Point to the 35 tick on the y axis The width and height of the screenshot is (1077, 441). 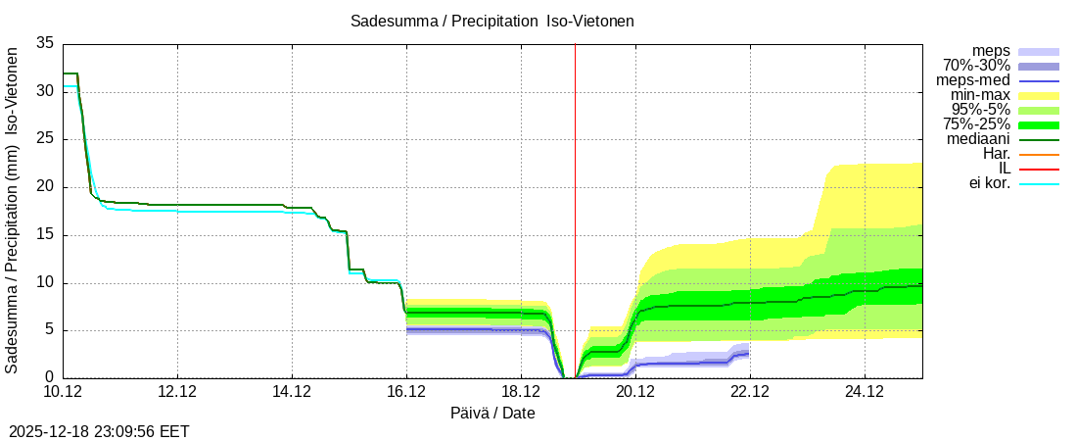(45, 44)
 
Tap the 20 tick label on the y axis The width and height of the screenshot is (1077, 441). (45, 187)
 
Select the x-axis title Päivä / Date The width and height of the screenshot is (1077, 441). (492, 413)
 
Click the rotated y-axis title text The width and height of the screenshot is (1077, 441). (12, 211)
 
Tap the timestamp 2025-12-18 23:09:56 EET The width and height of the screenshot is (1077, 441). (99, 431)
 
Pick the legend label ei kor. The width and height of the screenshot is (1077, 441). (989, 183)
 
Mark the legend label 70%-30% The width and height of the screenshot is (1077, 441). (976, 66)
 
